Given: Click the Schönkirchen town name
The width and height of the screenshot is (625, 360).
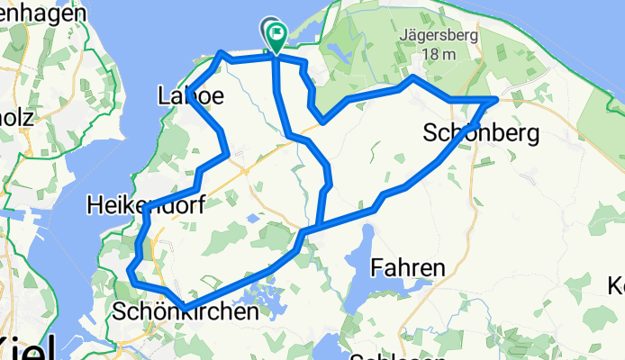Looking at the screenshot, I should click(x=186, y=311).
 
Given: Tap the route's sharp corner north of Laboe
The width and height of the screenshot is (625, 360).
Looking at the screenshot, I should click(x=222, y=53).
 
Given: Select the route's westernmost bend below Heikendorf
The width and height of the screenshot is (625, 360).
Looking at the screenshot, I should click(x=131, y=269).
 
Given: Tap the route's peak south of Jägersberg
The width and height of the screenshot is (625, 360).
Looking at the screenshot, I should click(x=412, y=79).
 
